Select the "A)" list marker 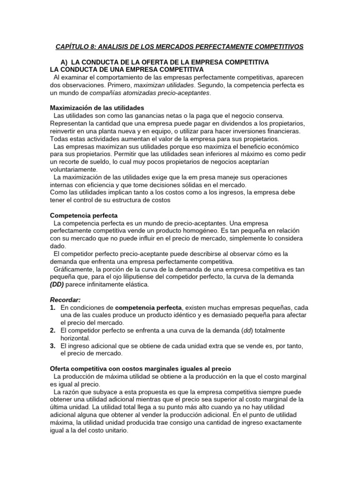(x=65, y=62)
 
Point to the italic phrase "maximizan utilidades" (x=164, y=85)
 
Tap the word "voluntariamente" (x=74, y=169)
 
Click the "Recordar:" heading (x=65, y=300)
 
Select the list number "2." (x=53, y=330)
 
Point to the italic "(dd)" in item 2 (x=247, y=330)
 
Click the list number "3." (x=53, y=345)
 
